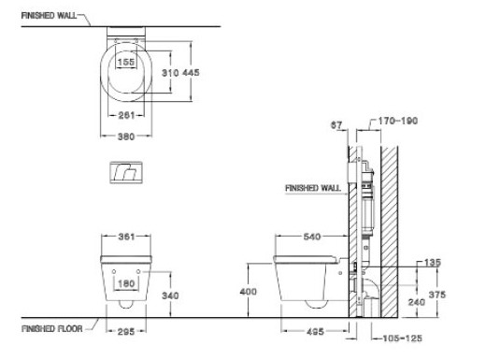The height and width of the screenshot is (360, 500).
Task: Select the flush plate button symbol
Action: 123,171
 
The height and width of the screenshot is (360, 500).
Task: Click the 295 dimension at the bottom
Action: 123,332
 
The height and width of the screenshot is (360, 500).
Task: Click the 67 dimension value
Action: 338,122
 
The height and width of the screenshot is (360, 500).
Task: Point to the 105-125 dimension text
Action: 395,338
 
